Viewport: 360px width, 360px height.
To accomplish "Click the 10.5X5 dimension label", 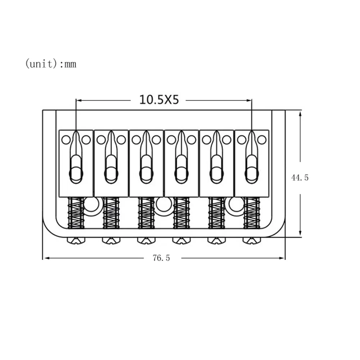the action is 159,100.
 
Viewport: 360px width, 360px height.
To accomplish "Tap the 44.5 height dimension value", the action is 300,177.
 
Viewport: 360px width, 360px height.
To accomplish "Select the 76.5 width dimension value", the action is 161,258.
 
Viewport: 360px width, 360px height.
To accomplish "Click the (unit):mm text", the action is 50,64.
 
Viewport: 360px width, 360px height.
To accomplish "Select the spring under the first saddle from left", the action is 76,213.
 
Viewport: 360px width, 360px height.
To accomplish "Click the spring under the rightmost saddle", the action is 252,213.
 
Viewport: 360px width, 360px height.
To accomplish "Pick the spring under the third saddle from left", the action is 146,213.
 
